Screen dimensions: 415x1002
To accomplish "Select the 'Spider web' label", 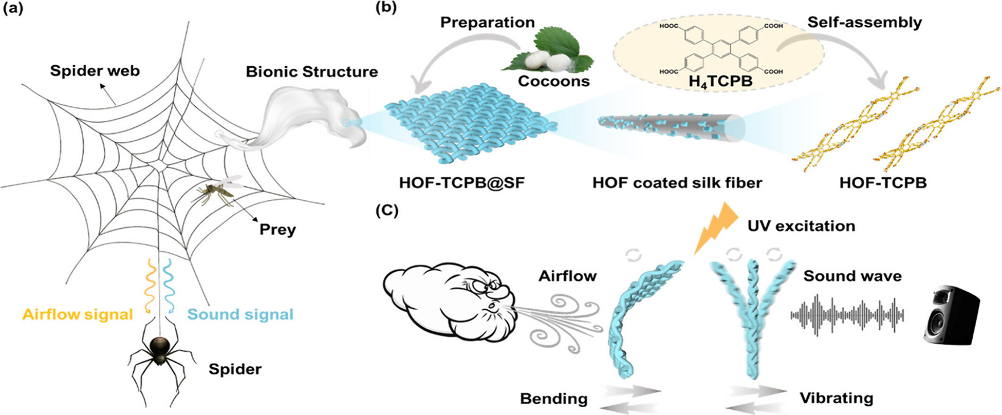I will pyautogui.click(x=95, y=70).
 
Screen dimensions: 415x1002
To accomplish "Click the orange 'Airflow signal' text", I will pyautogui.click(x=78, y=314).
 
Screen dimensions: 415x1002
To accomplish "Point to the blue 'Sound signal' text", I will pyautogui.click(x=240, y=314).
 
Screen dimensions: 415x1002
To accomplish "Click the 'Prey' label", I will pyautogui.click(x=277, y=229).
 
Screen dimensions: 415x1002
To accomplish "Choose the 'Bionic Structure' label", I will pyautogui.click(x=312, y=71).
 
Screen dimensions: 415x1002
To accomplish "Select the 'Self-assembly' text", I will pyautogui.click(x=865, y=23).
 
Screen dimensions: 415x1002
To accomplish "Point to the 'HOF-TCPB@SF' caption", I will pyautogui.click(x=462, y=182).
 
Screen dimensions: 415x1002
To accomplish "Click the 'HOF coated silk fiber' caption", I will pyautogui.click(x=677, y=182).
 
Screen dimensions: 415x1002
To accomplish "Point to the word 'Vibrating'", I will pyautogui.click(x=836, y=398).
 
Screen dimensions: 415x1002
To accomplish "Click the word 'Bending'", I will pyautogui.click(x=553, y=399).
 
